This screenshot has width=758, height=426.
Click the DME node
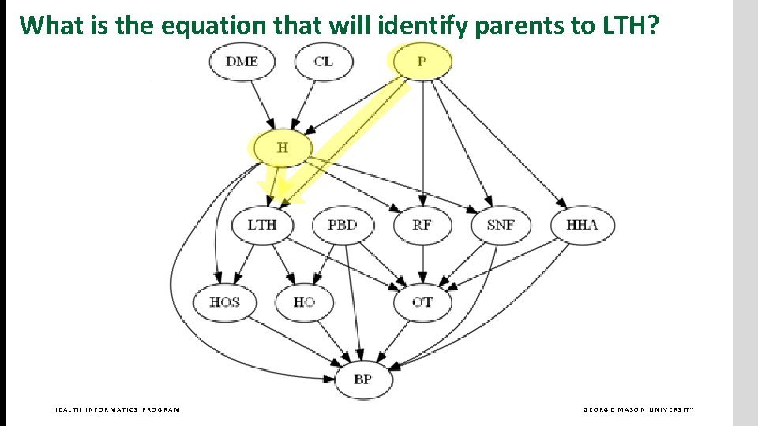tap(242, 62)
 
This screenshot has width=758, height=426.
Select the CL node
tap(323, 62)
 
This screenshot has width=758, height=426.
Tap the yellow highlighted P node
tap(422, 62)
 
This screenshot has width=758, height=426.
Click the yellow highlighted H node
tap(282, 148)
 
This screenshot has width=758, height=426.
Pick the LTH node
tap(262, 225)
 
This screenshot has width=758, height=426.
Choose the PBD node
tap(342, 225)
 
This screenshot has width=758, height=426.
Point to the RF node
tap(422, 225)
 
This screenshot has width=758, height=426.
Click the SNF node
tap(501, 225)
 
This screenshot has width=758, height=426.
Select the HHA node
tap(582, 225)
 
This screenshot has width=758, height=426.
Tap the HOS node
tap(225, 302)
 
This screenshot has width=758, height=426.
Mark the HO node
tap(304, 302)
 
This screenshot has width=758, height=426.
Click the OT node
tap(422, 302)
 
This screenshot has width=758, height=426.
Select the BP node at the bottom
tap(362, 379)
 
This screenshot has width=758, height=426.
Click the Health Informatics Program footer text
tap(116, 409)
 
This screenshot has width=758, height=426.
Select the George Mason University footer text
tap(639, 409)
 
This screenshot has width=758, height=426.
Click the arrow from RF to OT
tap(422, 264)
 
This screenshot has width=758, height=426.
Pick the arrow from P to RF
tap(422, 142)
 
